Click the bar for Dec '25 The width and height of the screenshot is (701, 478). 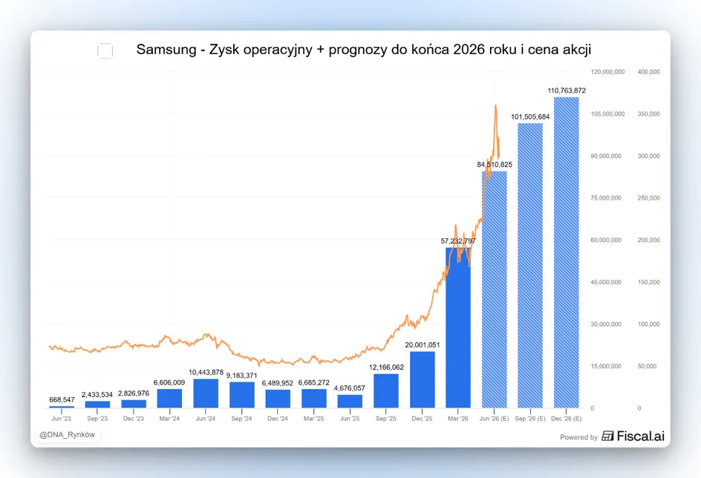pyautogui.click(x=422, y=380)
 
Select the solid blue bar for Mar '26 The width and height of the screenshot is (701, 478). pyautogui.click(x=458, y=328)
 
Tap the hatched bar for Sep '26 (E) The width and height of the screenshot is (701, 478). pyautogui.click(x=530, y=266)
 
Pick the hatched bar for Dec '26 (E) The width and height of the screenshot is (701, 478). pyautogui.click(x=567, y=252)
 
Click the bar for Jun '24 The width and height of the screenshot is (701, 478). pyautogui.click(x=206, y=393)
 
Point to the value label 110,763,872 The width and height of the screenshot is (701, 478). pyautogui.click(x=567, y=91)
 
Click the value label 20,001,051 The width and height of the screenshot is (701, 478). pyautogui.click(x=422, y=345)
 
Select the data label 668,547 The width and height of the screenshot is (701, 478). pyautogui.click(x=62, y=400)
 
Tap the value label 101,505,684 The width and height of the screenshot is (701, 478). pyautogui.click(x=530, y=117)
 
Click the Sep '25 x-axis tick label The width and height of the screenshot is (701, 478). pyautogui.click(x=386, y=419)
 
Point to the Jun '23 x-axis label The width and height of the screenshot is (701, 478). pyautogui.click(x=61, y=419)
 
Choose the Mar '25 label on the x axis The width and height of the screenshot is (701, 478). pyautogui.click(x=313, y=419)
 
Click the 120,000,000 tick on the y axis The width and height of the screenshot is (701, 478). pyautogui.click(x=607, y=72)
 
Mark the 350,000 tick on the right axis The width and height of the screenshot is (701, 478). pyautogui.click(x=648, y=114)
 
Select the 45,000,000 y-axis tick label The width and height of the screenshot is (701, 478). pyautogui.click(x=606, y=282)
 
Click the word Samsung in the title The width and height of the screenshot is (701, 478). pyautogui.click(x=166, y=50)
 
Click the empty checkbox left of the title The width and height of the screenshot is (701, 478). pyautogui.click(x=105, y=51)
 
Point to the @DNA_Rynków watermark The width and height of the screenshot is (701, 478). pyautogui.click(x=67, y=435)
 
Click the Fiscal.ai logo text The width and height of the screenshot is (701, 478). pyautogui.click(x=640, y=436)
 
